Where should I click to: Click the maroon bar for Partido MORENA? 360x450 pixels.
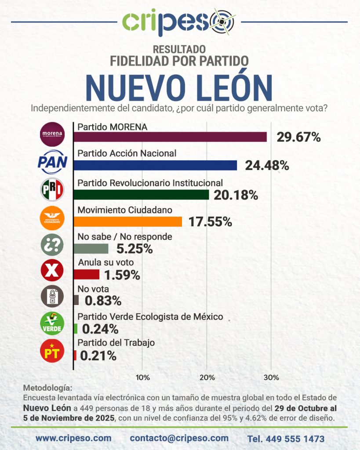coord(170,137)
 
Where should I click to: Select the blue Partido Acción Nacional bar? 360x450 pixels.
coord(155,165)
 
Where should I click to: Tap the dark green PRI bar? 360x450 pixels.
coord(141,194)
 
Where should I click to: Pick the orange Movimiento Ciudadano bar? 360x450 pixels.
coord(127,221)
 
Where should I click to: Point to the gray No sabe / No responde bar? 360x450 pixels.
coord(91,249)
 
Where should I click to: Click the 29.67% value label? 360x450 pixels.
coord(298,138)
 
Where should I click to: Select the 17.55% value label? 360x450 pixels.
coord(210,222)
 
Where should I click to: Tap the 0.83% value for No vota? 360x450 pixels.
coord(103,301)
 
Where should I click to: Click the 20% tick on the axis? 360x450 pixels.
coord(207,377)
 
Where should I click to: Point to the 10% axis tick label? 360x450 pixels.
coord(143,377)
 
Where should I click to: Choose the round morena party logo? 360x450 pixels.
coord(52,134)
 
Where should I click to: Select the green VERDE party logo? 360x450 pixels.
coord(52,323)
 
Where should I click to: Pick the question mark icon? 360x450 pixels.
coord(52,245)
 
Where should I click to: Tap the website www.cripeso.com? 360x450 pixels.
coord(73,438)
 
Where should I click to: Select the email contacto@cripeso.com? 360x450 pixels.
coord(179,438)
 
